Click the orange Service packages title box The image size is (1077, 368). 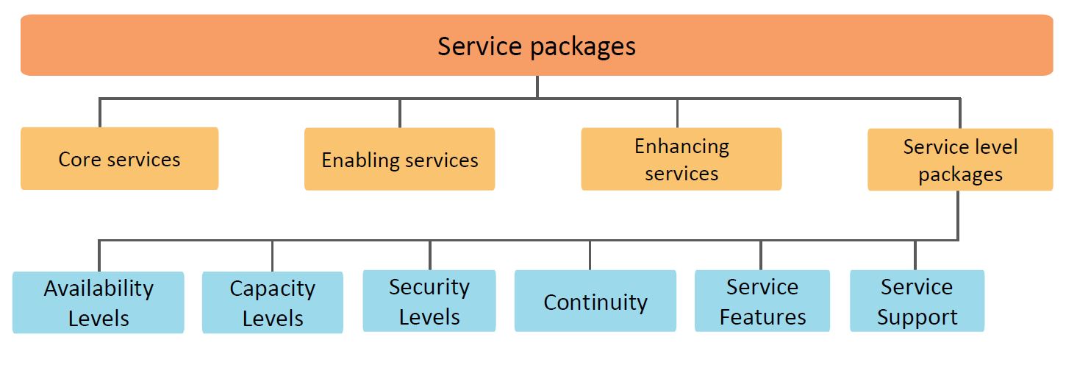[537, 46]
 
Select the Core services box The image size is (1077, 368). [119, 159]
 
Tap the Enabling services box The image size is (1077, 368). [399, 160]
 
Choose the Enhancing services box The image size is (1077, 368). [681, 160]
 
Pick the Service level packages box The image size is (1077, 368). [960, 160]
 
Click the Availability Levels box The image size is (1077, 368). [99, 302]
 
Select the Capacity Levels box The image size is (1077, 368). [272, 302]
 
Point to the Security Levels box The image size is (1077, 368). [429, 301]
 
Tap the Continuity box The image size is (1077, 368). [595, 301]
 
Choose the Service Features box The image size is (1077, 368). [762, 301]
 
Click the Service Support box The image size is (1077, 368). [917, 301]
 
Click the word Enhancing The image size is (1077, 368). [681, 146]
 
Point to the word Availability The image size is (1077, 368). [99, 288]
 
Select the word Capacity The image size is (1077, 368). [272, 288]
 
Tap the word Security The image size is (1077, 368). [429, 286]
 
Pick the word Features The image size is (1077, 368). [762, 317]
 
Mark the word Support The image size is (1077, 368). [917, 317]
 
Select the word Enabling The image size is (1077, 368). [358, 160]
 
